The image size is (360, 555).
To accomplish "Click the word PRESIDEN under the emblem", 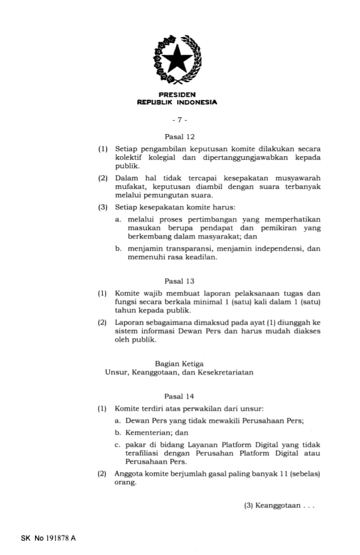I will tap(177, 95).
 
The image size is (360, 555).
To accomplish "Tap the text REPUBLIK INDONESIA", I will tap(177, 102).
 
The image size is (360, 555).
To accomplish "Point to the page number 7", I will tap(179, 120).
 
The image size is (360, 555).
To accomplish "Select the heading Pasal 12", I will tap(179, 137).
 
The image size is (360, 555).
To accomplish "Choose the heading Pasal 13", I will tap(179, 281).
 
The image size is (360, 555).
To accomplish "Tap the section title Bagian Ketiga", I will tap(179, 364).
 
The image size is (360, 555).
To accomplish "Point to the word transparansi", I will tap(181, 249).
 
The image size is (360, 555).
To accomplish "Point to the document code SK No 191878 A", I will tap(48, 538).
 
